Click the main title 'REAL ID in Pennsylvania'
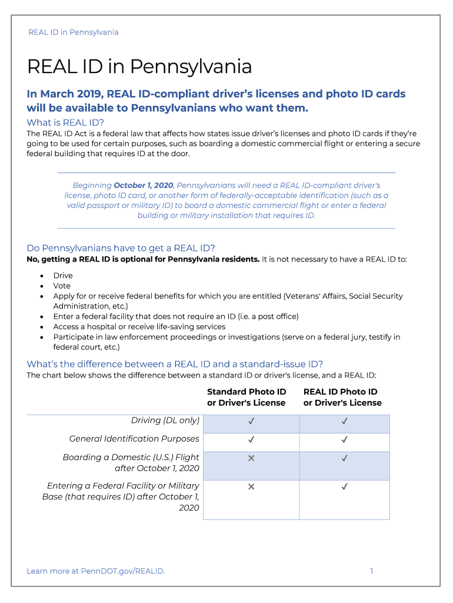pos(139,67)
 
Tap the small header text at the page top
pos(73,32)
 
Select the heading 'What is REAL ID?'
pos(65,122)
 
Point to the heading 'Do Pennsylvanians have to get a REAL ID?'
pos(121,248)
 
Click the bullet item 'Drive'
pos(63,276)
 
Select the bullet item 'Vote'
pos(62,286)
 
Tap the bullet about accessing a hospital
pos(139,327)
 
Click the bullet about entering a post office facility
pos(175,316)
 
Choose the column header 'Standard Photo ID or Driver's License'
pos(247,397)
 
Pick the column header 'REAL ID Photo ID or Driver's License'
pos(342,397)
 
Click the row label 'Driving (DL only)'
pos(165,420)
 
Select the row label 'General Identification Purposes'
pos(134,439)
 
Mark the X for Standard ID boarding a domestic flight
pos(251,458)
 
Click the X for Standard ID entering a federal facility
pos(251,486)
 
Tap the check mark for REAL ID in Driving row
pos(345,421)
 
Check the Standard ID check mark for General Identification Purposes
pos(251,439)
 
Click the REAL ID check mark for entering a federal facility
pos(345,486)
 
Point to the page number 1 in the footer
pos(372,571)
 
